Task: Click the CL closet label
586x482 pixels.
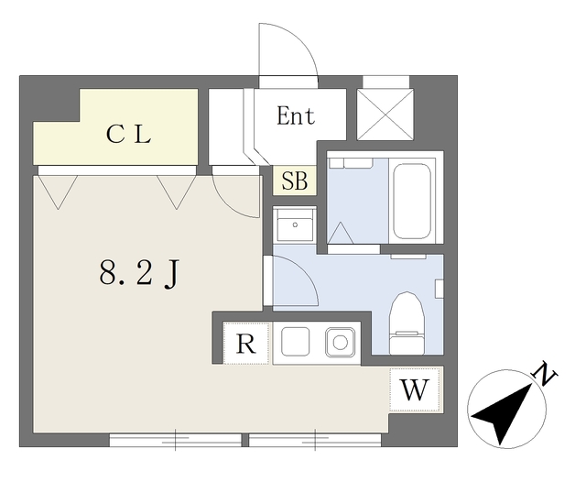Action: pos(127,135)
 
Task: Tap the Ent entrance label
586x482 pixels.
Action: pos(296,116)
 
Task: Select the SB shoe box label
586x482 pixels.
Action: pos(295,181)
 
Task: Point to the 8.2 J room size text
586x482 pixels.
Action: pos(137,272)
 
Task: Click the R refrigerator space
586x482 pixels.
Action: pos(245,345)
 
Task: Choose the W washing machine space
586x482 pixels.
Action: pos(415,389)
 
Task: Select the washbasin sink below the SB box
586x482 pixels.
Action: pos(296,225)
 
